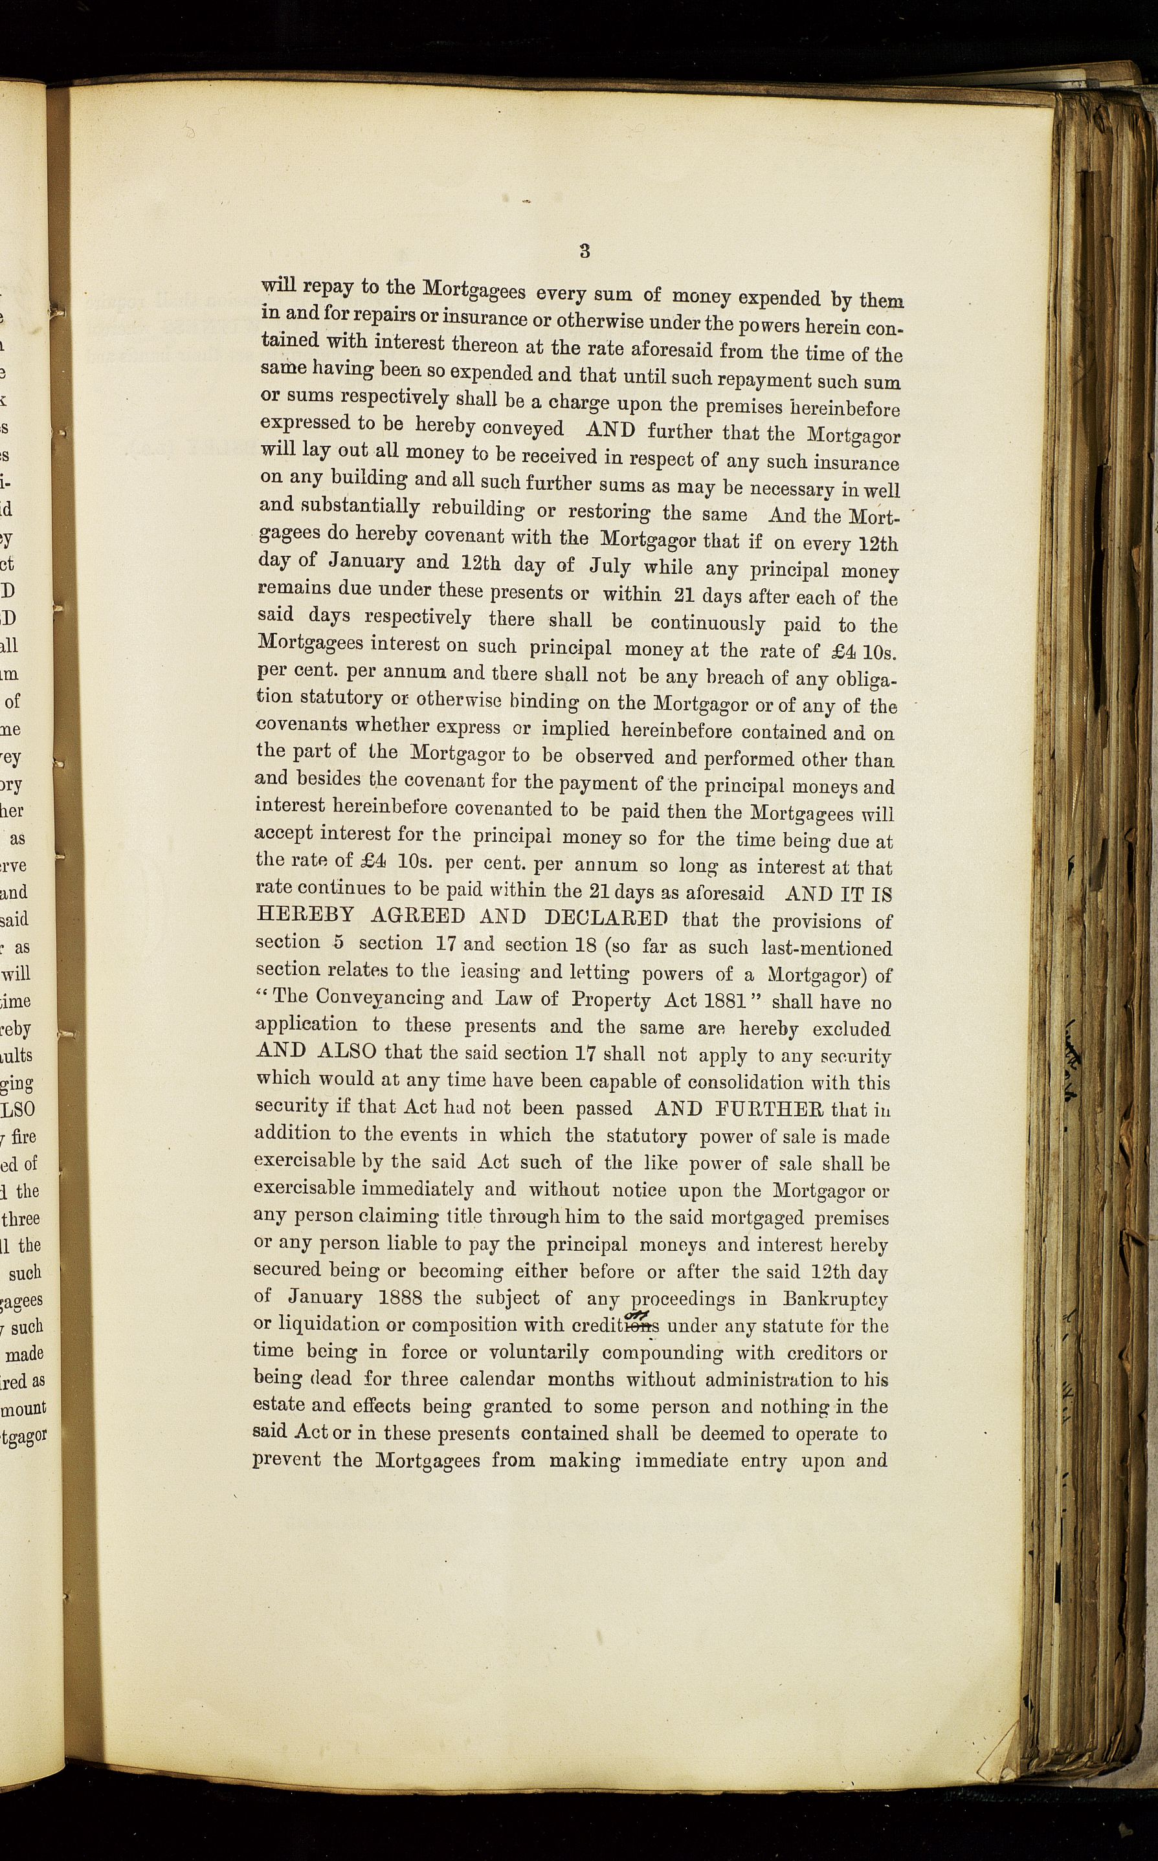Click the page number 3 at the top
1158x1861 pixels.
pos(585,250)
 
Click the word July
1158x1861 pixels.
pos(610,567)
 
